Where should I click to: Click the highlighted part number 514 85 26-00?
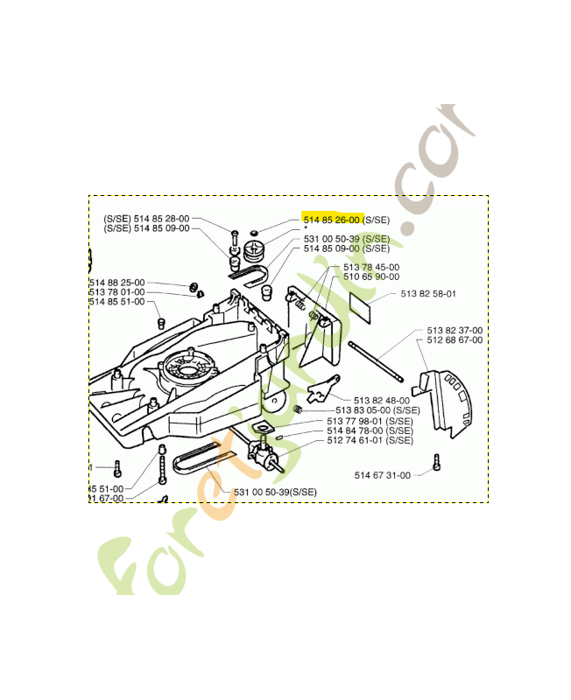coord(332,220)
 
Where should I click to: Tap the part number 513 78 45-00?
coord(371,267)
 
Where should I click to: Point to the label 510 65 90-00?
coord(371,276)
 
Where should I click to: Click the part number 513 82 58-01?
coord(428,295)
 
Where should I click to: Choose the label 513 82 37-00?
coord(455,331)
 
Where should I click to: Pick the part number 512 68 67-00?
coord(455,340)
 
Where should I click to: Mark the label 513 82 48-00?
coord(381,400)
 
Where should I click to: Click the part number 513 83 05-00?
coord(364,410)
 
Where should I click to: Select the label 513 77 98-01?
coord(356,421)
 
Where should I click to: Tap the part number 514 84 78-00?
coord(356,430)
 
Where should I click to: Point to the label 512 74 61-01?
coord(356,440)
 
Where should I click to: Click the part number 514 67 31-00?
coord(382,475)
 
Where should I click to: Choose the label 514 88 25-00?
coord(116,283)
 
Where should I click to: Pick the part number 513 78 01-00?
coord(116,292)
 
